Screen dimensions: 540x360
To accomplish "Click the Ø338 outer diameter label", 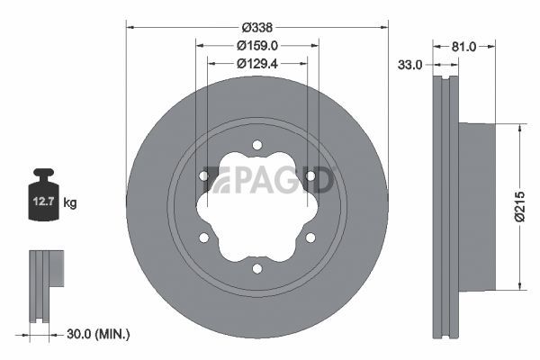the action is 256,28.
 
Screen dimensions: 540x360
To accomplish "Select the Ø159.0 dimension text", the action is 257,46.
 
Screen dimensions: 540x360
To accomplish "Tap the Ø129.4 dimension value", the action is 257,64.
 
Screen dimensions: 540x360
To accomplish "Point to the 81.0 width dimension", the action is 463,47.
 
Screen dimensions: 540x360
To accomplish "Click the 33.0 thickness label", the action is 409,65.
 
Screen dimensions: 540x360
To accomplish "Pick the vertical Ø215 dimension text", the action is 520,207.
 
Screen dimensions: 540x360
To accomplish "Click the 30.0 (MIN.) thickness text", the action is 98,334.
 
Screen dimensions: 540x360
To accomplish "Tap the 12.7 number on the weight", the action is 43,202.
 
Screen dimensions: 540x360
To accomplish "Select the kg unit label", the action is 70,202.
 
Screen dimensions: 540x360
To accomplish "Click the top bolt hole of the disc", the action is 256,145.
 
